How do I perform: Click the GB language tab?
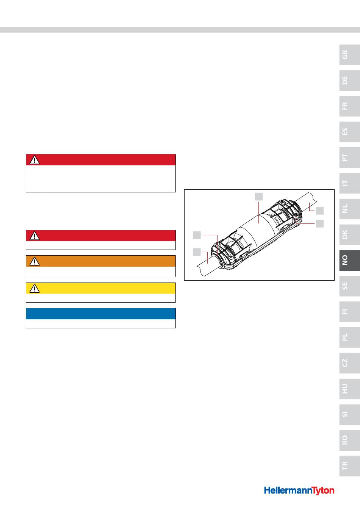(x=349, y=55)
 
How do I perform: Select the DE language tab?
(x=349, y=80)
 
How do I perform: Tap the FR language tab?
(x=349, y=106)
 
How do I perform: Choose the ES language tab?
(x=349, y=132)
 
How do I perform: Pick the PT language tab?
(x=349, y=158)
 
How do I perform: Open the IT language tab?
(x=349, y=183)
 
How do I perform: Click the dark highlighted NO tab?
(x=349, y=260)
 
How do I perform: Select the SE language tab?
(x=349, y=286)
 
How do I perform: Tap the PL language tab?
(x=349, y=337)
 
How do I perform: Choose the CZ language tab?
(x=349, y=363)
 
